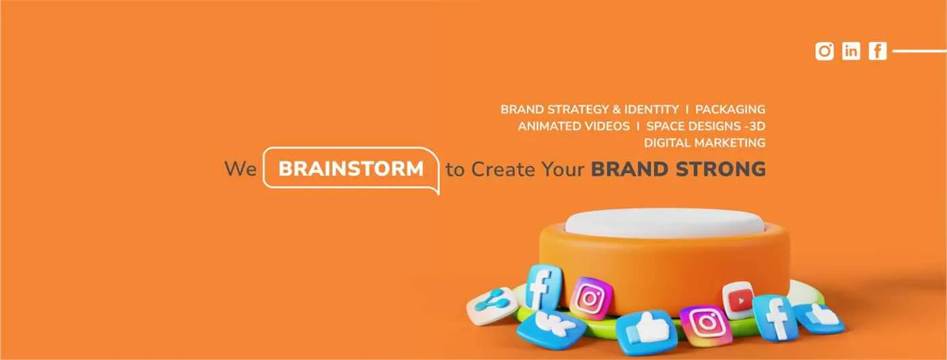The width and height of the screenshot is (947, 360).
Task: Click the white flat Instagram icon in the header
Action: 825,51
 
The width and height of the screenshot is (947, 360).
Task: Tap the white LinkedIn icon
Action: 851,51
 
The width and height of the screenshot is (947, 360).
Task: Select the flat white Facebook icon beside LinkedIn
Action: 877,51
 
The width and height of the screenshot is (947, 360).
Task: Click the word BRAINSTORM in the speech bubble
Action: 350,168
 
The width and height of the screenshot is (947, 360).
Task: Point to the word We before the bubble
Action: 240,168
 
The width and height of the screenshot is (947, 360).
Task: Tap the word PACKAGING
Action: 730,109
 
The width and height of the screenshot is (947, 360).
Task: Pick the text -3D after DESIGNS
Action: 754,126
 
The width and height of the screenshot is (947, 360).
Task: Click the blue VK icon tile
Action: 542,329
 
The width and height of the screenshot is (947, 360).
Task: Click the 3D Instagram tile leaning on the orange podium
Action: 591,298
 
